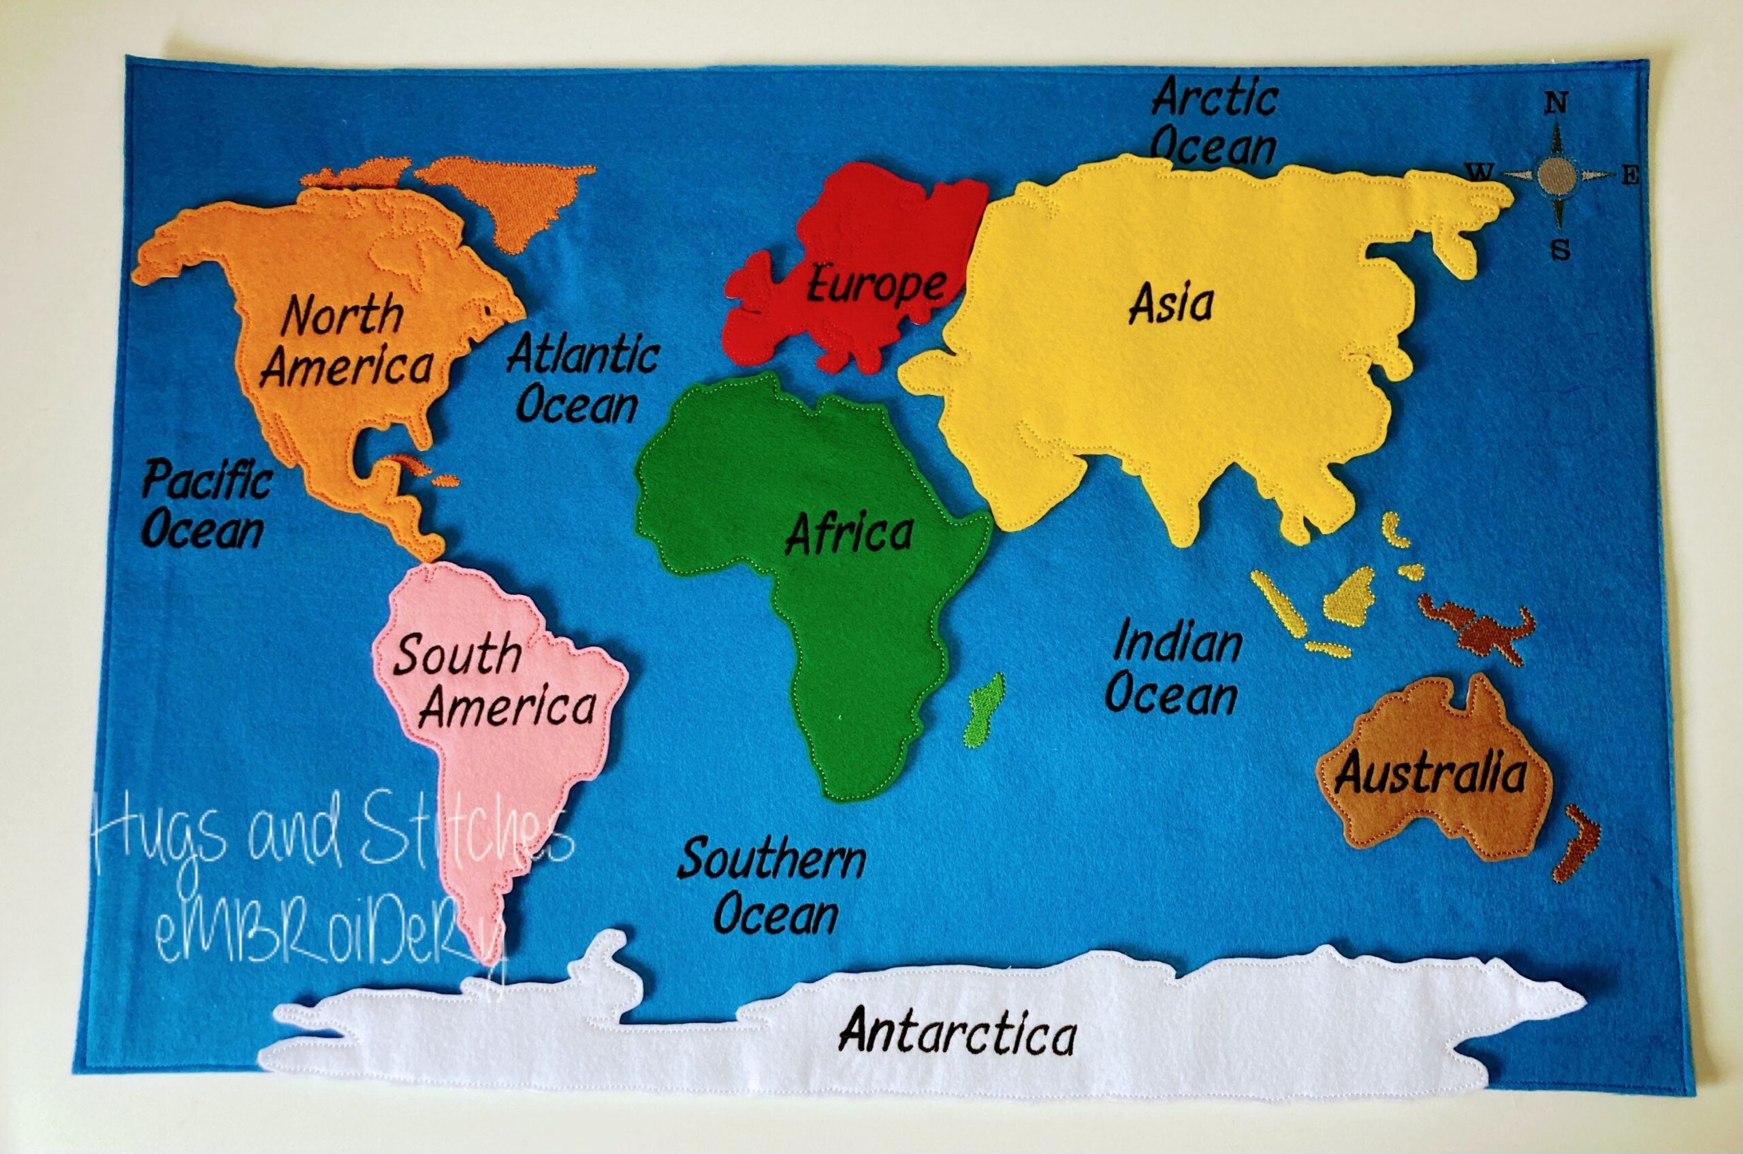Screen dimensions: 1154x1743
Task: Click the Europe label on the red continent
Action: click(875, 285)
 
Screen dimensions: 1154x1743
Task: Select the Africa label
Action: click(850, 534)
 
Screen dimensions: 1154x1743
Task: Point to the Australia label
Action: click(1430, 773)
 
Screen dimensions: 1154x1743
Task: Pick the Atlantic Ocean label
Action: click(581, 379)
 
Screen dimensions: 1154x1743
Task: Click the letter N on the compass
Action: click(1555, 103)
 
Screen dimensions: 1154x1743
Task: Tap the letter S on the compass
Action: click(1560, 251)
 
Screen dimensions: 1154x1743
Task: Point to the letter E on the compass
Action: click(1631, 176)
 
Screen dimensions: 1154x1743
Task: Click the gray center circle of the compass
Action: click(1556, 175)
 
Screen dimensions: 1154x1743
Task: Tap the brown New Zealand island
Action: click(1576, 843)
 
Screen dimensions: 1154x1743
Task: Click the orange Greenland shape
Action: click(508, 195)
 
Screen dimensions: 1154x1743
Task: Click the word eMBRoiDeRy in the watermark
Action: click(331, 938)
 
